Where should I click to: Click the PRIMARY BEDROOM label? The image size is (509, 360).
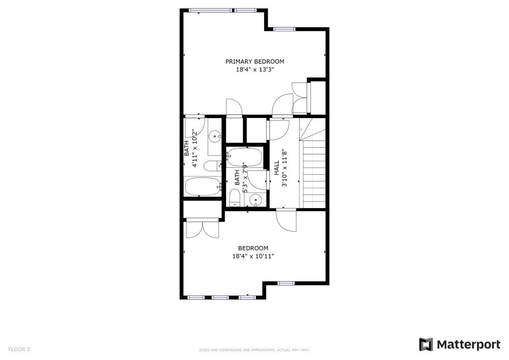[254, 61]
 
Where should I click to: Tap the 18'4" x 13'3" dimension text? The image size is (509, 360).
[255, 69]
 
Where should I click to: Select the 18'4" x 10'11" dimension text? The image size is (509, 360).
[253, 256]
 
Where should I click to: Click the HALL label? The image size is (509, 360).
[276, 168]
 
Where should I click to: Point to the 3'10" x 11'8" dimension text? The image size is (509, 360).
[284, 168]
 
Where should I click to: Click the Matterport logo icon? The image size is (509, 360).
[426, 344]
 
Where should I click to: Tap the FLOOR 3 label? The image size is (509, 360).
[19, 349]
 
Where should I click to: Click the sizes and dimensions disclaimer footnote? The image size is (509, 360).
[254, 350]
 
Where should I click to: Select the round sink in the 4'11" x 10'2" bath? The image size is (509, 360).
[215, 136]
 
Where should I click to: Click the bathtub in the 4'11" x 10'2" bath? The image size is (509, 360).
[203, 186]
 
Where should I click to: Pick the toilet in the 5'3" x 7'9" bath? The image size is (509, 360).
[235, 197]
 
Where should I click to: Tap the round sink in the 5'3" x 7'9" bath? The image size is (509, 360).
[256, 200]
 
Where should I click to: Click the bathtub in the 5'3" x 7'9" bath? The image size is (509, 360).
[245, 157]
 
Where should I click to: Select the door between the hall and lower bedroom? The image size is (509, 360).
[286, 220]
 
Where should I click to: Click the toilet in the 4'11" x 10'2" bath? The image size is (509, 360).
[213, 166]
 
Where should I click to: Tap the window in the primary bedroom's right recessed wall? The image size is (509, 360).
[284, 29]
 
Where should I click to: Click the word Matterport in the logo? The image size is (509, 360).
[468, 345]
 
